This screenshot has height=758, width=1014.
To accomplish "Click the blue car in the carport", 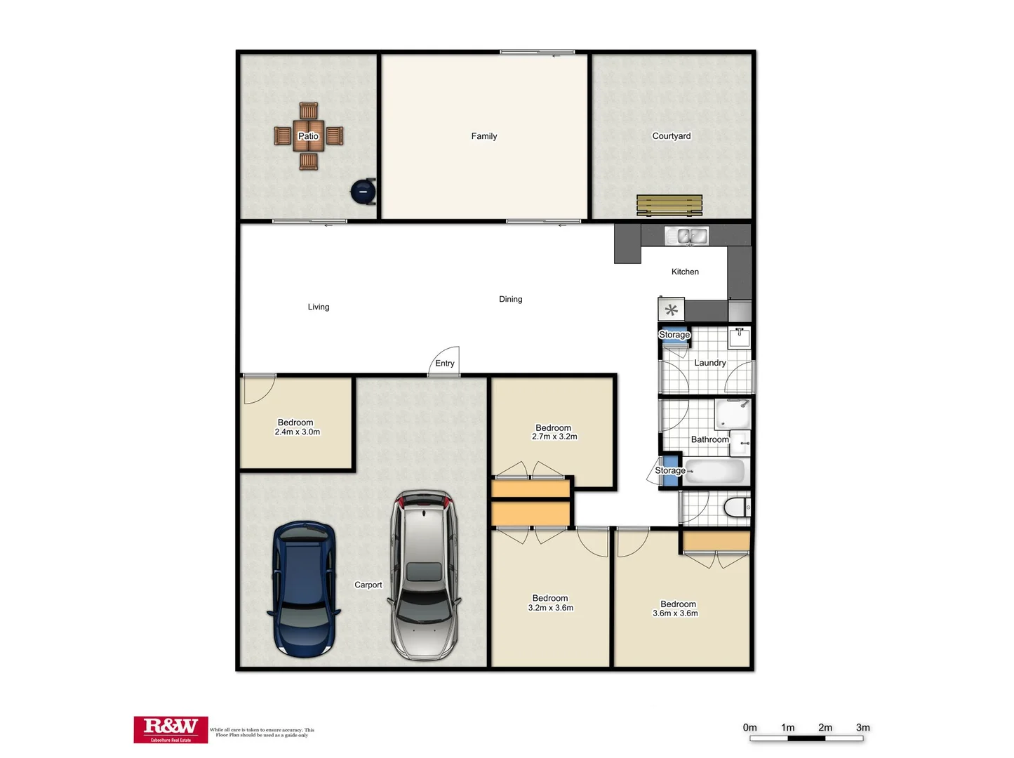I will (x=304, y=589).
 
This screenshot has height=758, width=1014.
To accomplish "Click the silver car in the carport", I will (x=425, y=575).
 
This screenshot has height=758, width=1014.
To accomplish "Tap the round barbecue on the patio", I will (x=363, y=191).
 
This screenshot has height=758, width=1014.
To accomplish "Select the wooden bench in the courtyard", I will (x=669, y=205).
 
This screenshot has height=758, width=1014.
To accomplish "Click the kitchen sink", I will (x=686, y=236).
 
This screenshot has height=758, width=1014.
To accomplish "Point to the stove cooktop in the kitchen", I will (x=671, y=310).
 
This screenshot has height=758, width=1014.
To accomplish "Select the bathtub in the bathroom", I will (x=714, y=471).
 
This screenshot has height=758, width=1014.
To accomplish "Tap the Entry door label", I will (x=445, y=364).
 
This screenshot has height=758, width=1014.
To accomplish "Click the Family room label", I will (x=484, y=136).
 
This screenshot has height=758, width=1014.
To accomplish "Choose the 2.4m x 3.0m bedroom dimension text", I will (x=297, y=432).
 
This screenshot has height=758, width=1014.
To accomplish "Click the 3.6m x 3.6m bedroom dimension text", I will (x=675, y=613).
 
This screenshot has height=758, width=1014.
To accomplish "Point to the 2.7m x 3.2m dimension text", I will (x=554, y=437).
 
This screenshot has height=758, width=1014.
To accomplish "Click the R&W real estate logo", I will (x=171, y=729).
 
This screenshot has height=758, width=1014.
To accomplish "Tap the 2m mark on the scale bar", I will (x=825, y=728).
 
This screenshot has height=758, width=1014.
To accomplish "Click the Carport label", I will (x=368, y=585).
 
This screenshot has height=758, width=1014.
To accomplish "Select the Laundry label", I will (x=710, y=363).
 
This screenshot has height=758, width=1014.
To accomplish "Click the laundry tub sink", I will (x=739, y=338).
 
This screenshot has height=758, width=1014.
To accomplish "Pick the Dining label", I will (x=511, y=299).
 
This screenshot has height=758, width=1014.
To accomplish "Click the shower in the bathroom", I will (x=733, y=414).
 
